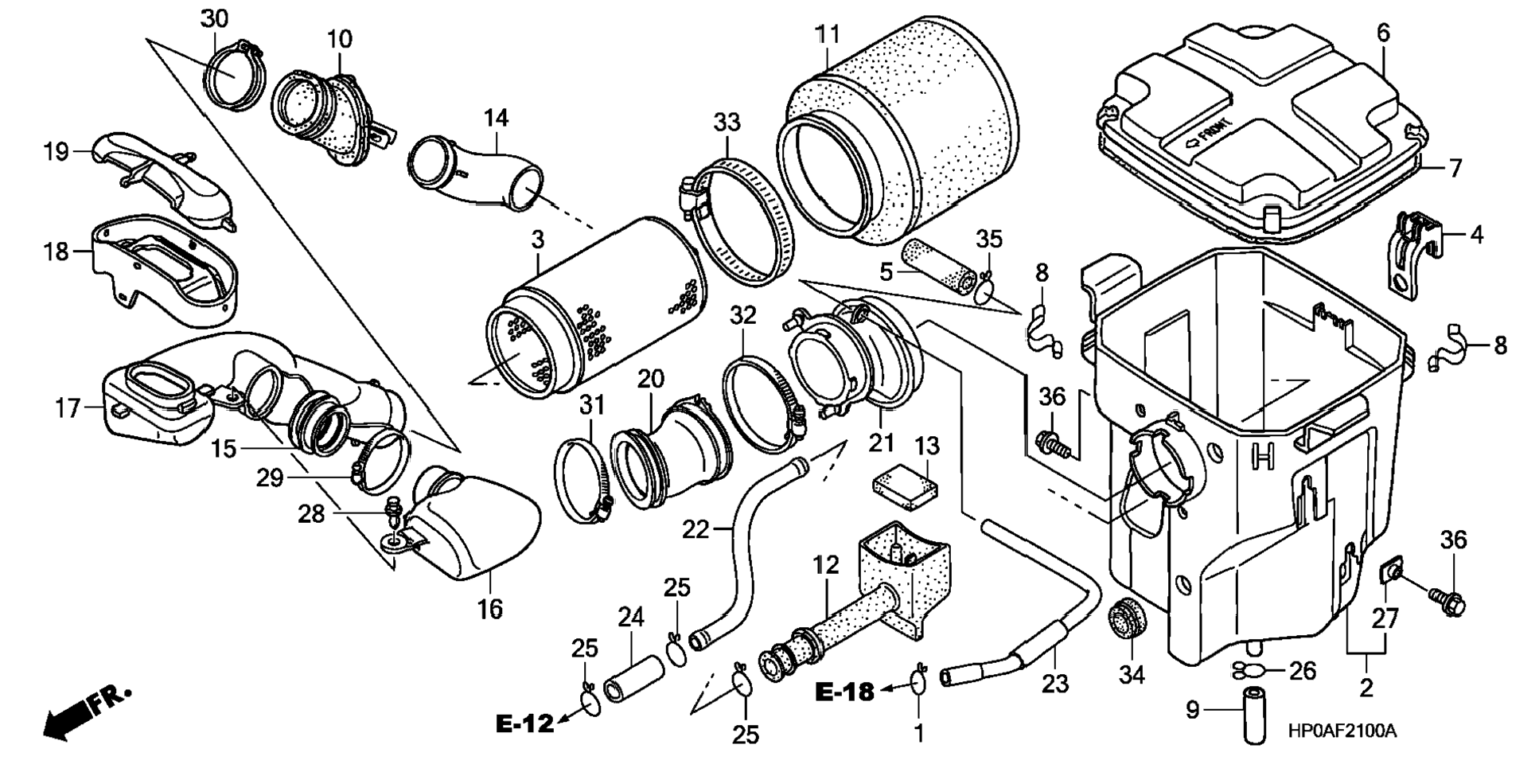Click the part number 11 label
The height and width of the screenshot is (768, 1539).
point(828,35)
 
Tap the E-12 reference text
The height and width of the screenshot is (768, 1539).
point(524,723)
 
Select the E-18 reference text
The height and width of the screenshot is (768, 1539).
point(844,692)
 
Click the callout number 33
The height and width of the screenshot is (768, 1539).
point(727,123)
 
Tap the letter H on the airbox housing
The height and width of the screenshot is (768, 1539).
point(1263,455)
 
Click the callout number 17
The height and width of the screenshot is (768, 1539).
point(68,408)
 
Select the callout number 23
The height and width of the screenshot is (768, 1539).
point(1054,684)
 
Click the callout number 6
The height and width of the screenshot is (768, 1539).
point(1383,33)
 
